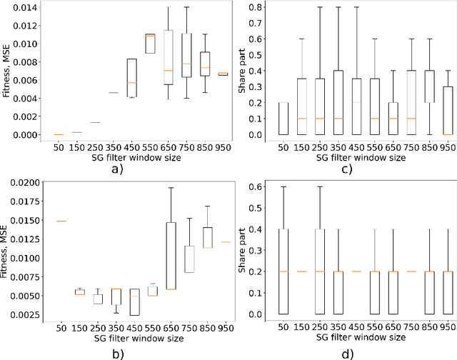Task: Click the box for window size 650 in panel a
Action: coord(169,57)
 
